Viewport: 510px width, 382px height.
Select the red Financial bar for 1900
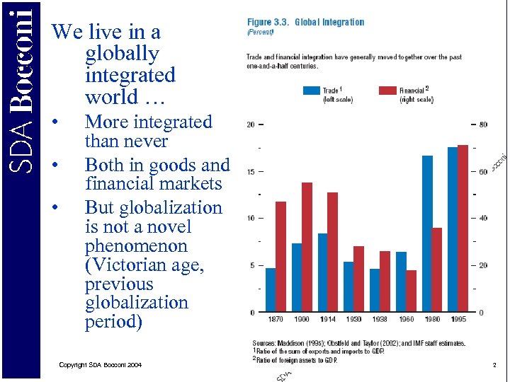pyautogui.click(x=307, y=248)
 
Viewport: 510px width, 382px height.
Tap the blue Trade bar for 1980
pyautogui.click(x=427, y=233)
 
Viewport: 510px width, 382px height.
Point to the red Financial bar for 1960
pyautogui.click(x=412, y=291)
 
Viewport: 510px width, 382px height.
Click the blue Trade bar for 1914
pyautogui.click(x=322, y=272)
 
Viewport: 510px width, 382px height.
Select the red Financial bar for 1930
pyautogui.click(x=358, y=279)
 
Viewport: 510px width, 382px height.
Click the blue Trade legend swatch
pyautogui.click(x=311, y=91)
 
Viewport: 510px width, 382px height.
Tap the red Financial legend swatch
pyautogui.click(x=387, y=91)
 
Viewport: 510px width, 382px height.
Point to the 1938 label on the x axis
pyautogui.click(x=379, y=319)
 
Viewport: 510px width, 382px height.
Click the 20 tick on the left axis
pyautogui.click(x=251, y=125)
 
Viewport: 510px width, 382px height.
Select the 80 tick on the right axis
pyautogui.click(x=482, y=125)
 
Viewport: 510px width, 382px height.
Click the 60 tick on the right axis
pyautogui.click(x=482, y=172)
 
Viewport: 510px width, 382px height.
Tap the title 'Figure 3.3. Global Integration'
pyautogui.click(x=305, y=22)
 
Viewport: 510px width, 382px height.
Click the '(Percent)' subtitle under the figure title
pyautogui.click(x=260, y=33)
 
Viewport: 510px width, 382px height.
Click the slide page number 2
pyautogui.click(x=494, y=364)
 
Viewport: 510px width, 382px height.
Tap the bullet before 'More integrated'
pyautogui.click(x=56, y=123)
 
